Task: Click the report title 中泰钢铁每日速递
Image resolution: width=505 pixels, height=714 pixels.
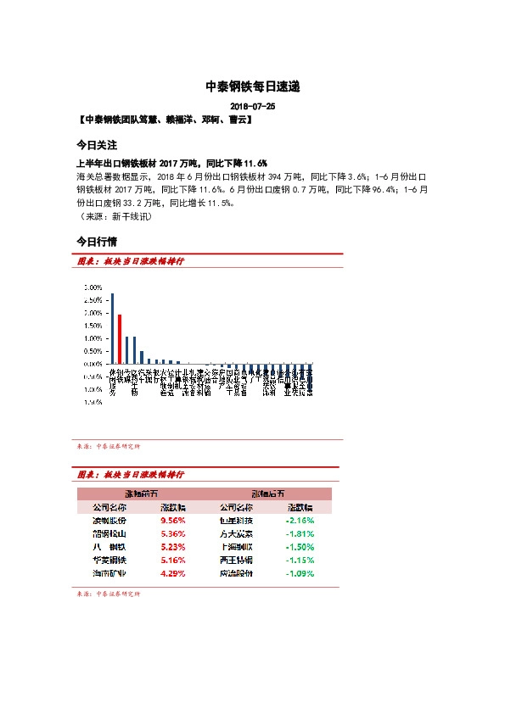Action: coord(252,86)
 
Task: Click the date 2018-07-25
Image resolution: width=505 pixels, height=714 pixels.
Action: coord(252,107)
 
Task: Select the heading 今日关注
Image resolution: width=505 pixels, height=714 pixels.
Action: coord(96,145)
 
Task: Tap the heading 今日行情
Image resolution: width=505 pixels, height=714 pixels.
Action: coord(96,241)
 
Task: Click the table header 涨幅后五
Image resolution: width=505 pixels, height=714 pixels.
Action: coord(268,493)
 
